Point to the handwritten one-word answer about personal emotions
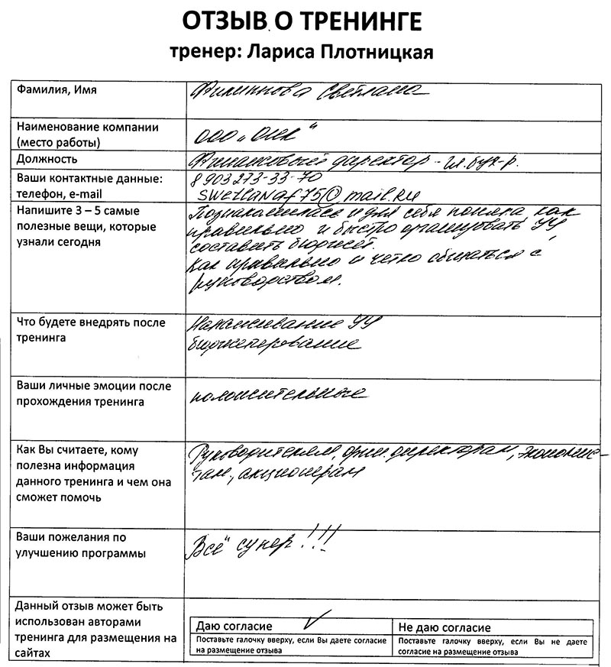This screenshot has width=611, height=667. click(274, 394)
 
